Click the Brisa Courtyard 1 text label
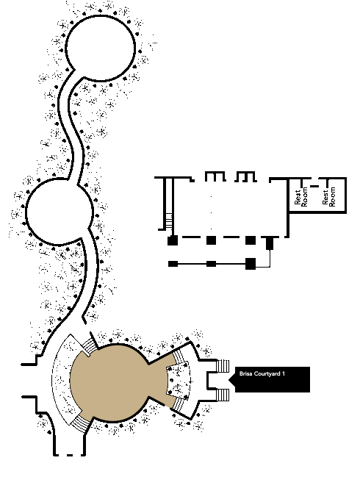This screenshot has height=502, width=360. (262, 373)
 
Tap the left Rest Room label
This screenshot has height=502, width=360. (300, 197)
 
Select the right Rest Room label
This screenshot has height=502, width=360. (329, 197)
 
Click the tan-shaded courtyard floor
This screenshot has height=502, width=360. (118, 383)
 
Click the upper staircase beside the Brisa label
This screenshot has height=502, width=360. (223, 366)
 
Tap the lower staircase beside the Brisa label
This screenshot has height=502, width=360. (223, 395)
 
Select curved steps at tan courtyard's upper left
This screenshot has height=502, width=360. (89, 347)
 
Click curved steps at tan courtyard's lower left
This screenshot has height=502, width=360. (80, 424)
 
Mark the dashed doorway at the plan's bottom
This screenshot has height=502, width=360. (70, 455)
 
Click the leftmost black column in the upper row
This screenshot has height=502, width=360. (173, 240)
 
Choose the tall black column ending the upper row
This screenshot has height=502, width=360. (270, 243)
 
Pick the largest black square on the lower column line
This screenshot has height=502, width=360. (251, 264)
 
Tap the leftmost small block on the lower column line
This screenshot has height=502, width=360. (173, 264)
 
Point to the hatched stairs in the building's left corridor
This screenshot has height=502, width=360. (169, 221)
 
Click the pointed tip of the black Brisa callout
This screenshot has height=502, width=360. (228, 379)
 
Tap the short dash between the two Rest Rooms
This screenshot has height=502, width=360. (314, 187)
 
